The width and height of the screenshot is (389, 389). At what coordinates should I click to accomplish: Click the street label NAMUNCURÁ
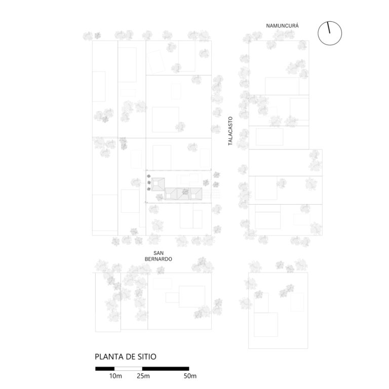point(282,25)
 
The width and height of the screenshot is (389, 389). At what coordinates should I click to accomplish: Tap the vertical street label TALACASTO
point(230,131)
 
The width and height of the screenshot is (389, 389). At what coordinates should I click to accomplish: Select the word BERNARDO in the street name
point(158,259)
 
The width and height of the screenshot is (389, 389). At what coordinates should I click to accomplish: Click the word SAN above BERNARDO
point(158,253)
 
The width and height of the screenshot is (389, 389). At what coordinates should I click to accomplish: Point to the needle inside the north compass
point(329,27)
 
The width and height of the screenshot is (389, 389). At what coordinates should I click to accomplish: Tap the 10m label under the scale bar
point(115,376)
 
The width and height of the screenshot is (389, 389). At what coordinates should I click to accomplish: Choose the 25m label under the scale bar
point(143,376)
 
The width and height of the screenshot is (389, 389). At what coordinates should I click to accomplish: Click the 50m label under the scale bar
point(190,376)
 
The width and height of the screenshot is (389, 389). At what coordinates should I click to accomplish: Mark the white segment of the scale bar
point(128,369)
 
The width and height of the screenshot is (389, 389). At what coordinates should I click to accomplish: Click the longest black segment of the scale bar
point(166,369)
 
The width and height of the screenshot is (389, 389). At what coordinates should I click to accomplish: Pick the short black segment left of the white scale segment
point(105,369)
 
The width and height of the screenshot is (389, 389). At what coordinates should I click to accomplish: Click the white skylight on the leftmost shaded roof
point(156,184)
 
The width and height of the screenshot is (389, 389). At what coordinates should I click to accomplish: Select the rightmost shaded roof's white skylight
point(193,196)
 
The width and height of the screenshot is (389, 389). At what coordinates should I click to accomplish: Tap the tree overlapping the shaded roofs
point(185,191)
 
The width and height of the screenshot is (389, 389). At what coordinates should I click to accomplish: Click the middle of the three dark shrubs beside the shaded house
point(149,182)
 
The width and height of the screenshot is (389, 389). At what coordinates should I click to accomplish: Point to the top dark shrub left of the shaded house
point(148,176)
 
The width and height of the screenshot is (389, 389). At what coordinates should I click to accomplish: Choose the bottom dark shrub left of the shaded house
point(149,189)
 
